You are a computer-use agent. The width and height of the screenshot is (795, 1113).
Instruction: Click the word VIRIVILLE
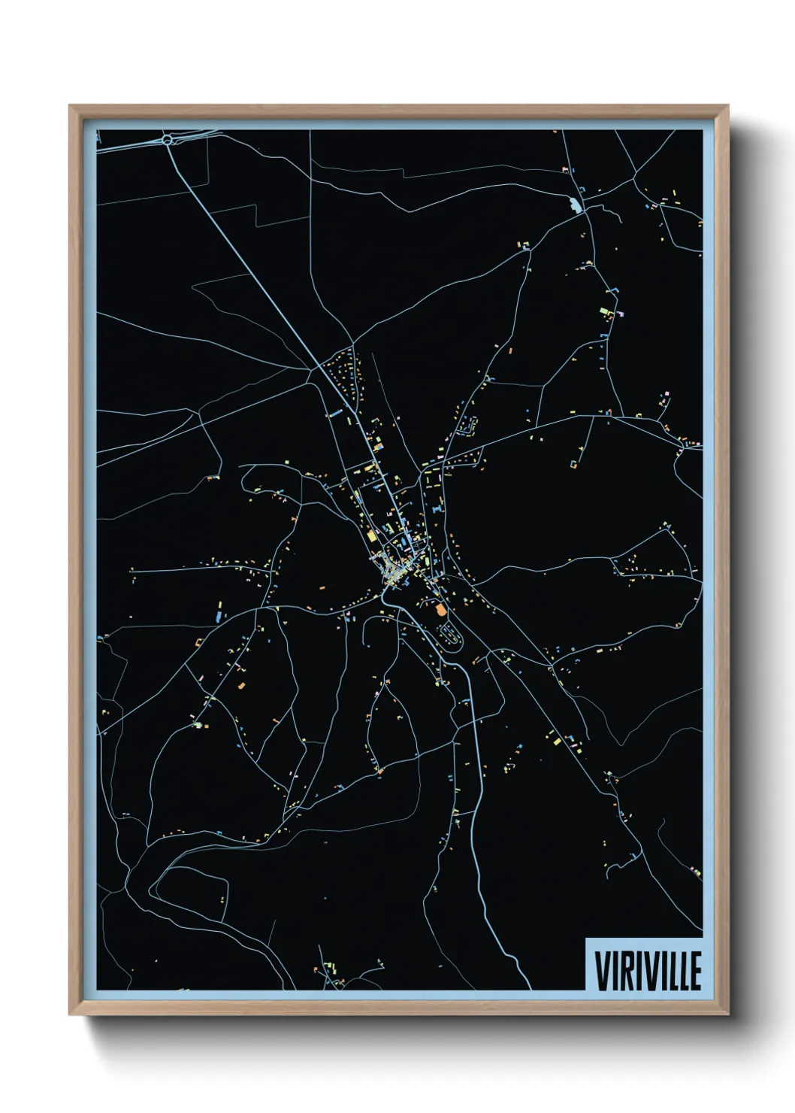pos(648,972)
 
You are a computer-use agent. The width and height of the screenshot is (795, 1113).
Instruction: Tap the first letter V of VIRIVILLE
pos(601,972)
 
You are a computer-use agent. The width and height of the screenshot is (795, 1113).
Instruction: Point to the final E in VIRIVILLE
pos(695,972)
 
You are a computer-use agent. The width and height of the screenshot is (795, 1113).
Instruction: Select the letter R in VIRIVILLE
pos(624,972)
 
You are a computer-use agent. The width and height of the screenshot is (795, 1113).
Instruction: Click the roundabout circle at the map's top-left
pos(168,138)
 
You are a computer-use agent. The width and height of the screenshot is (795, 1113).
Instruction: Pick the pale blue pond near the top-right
pos(576,204)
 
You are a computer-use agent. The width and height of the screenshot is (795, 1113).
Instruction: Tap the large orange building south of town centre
pos(440,611)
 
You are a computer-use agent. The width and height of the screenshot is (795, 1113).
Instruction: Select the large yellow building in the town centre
pos(371,537)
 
